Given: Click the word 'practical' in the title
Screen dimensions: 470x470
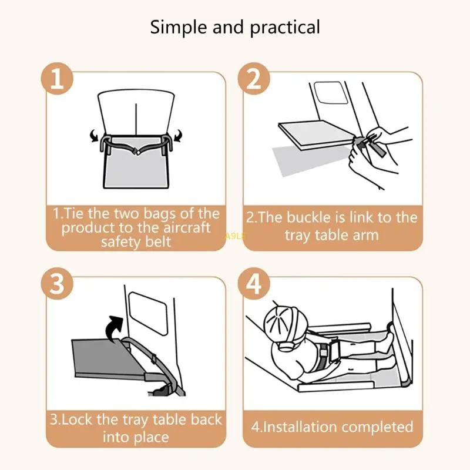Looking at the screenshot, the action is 285,28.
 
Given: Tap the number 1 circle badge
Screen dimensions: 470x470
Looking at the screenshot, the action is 57,79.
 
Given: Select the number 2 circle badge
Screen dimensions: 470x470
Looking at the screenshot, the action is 254,79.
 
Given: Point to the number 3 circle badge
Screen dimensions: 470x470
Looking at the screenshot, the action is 57,284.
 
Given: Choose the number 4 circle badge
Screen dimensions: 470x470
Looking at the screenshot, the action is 254,284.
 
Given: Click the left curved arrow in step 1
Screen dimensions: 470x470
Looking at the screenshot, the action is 95,136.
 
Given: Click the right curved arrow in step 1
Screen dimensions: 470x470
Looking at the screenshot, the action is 178,136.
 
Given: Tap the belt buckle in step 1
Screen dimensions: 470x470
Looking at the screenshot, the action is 137,152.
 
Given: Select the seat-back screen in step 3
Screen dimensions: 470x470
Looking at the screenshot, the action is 147,313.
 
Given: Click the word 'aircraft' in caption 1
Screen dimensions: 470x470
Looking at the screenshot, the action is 187,228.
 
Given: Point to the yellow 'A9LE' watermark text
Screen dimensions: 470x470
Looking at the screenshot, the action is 235,237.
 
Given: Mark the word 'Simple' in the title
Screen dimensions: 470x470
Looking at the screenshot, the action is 179,28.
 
